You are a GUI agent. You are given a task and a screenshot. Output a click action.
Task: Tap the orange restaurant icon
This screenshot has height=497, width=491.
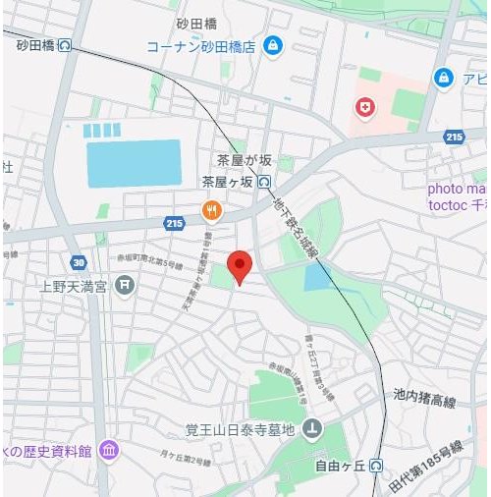[x=210, y=209]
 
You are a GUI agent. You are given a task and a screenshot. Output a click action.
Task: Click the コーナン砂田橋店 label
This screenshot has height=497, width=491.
[x=200, y=46]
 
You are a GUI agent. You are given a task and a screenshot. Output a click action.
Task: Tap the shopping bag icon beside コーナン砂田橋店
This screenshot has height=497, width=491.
[x=273, y=45]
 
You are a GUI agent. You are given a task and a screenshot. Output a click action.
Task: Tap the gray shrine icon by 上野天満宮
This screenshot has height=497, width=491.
[x=125, y=286]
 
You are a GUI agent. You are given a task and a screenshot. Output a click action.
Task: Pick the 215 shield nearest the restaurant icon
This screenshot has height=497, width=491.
[x=175, y=224]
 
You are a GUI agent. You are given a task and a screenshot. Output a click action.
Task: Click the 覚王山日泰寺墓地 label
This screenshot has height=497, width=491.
[x=241, y=428]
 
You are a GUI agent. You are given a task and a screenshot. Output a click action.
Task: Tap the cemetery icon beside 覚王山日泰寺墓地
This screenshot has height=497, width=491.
[x=312, y=428]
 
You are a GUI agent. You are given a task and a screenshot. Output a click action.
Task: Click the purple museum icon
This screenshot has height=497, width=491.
[x=109, y=451]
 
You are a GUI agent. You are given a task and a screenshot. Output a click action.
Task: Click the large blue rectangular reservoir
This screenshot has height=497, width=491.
[x=134, y=163]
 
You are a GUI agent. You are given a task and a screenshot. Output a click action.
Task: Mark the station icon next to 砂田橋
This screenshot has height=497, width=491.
[x=65, y=44]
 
